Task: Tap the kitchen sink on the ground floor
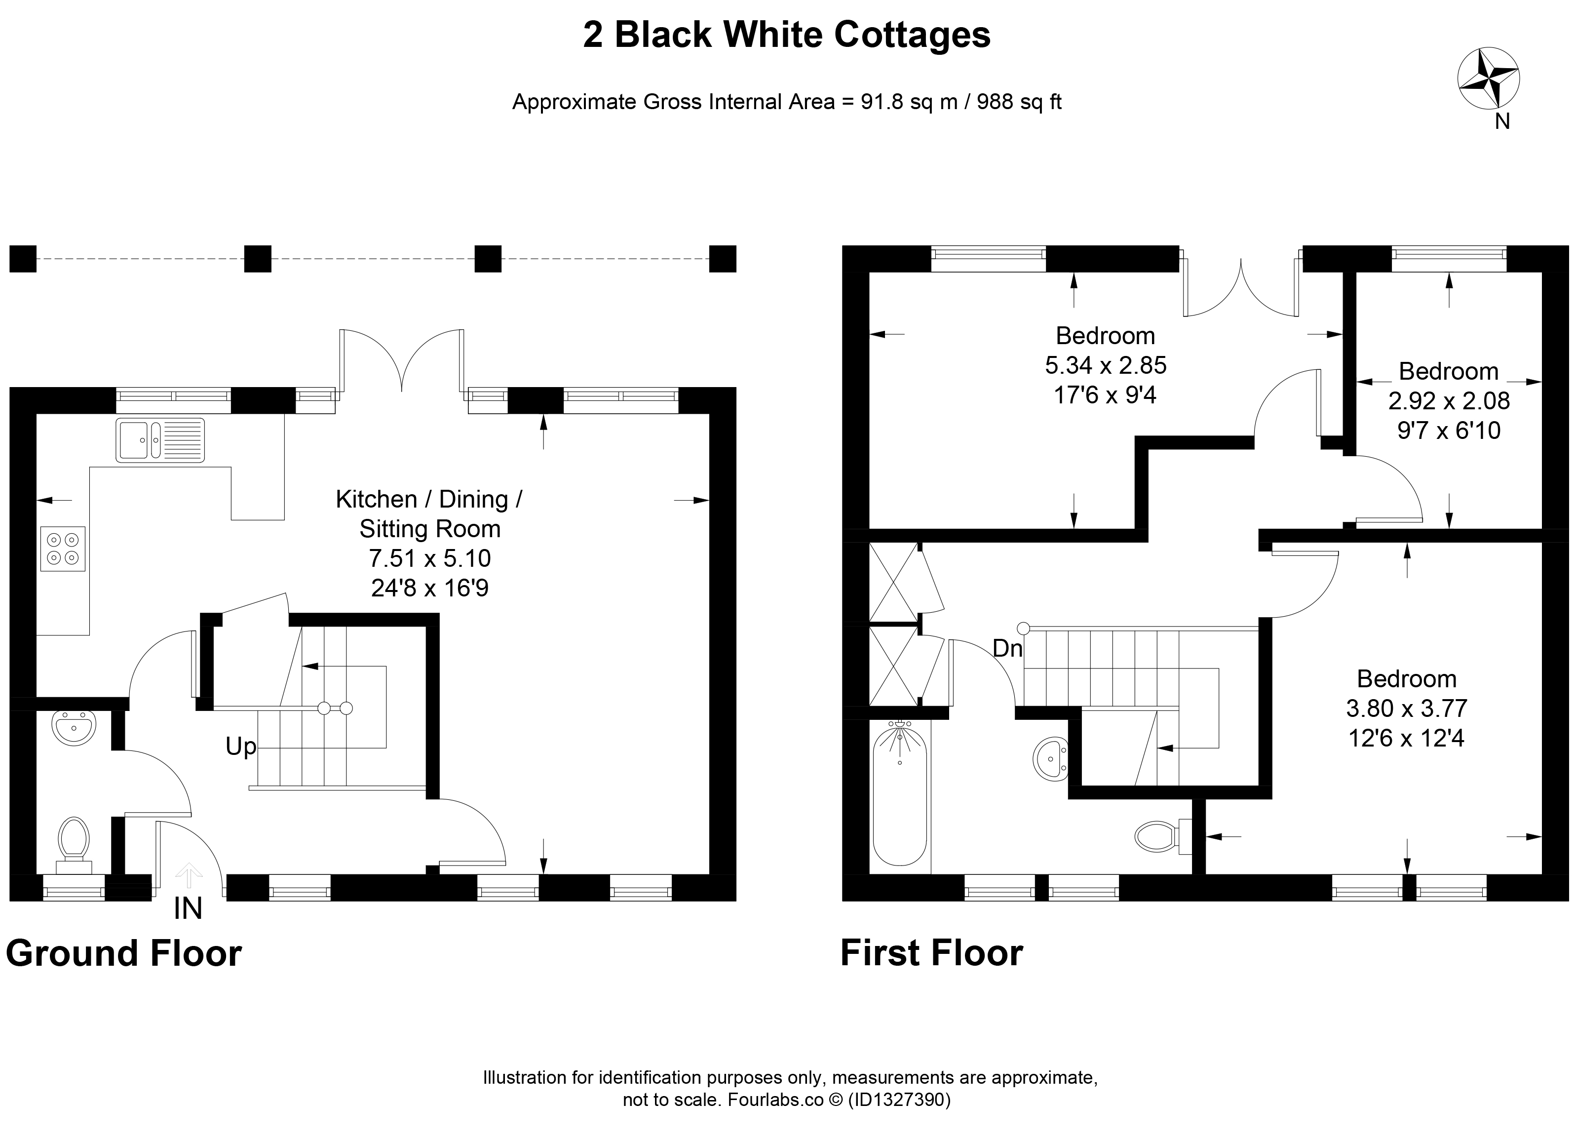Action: point(161,439)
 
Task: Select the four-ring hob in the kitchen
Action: point(63,549)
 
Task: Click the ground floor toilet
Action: point(74,845)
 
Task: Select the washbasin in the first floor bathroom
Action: point(1051,758)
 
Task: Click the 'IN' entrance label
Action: point(188,908)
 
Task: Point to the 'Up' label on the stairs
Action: point(241,747)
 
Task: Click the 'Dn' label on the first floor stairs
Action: point(1008,648)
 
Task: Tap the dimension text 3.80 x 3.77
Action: point(1407,708)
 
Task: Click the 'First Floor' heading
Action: point(931,953)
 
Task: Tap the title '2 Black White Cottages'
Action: point(787,35)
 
